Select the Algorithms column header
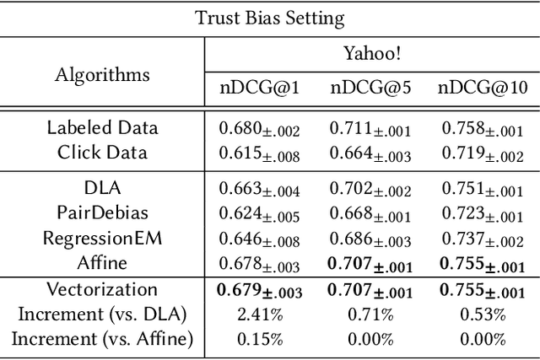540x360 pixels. tap(102, 74)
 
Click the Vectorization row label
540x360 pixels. tap(102, 291)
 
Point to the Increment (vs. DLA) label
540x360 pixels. tap(102, 315)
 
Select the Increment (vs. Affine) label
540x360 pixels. tap(102, 339)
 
